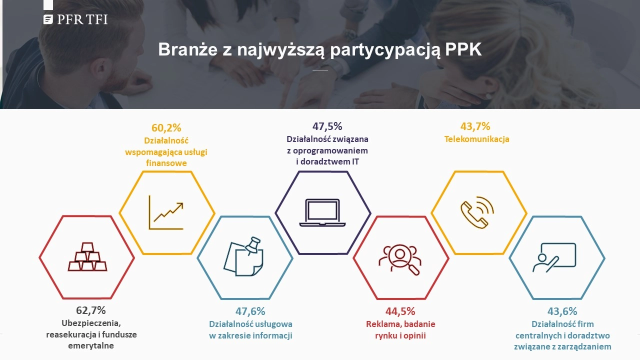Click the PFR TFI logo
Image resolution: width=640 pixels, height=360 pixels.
75,19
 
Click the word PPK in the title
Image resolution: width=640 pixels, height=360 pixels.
463,49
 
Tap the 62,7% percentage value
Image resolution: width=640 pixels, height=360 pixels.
91,310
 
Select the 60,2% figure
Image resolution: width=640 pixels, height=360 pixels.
166,127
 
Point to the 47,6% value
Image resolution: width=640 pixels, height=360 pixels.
250,311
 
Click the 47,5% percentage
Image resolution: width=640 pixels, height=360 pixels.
327,126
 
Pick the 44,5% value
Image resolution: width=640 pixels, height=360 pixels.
400,311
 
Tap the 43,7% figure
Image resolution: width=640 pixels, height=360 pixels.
475,126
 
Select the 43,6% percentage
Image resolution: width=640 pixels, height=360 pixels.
562,311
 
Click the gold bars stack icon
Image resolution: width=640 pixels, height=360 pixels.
87,256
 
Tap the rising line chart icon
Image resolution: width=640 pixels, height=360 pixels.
166,212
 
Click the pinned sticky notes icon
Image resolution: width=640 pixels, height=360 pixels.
243,256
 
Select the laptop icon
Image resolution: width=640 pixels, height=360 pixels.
322,212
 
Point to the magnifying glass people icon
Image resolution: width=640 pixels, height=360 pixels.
400,259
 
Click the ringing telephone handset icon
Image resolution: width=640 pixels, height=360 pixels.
477,212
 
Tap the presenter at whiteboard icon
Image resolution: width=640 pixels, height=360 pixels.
554,257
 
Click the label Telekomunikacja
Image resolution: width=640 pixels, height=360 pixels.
476,139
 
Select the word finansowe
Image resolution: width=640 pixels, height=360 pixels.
166,163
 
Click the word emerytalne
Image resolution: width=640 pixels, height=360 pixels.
91,345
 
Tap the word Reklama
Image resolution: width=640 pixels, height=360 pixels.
381,324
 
